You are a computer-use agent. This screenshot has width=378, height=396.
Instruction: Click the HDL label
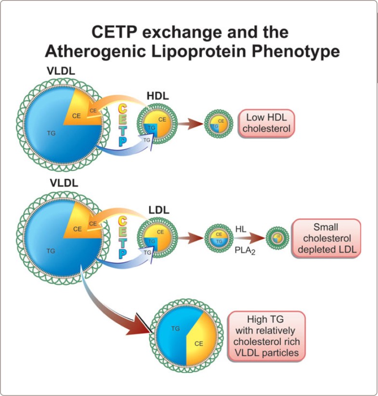(x=157, y=96)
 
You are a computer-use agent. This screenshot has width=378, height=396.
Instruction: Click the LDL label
(x=158, y=210)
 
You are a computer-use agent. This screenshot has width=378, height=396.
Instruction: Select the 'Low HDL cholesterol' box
(x=266, y=123)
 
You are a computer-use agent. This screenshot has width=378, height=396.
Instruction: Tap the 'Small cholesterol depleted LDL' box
(x=326, y=238)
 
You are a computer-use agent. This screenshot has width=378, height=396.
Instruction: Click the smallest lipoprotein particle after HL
(x=277, y=238)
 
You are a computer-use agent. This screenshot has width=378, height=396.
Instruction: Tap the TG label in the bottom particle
(x=175, y=329)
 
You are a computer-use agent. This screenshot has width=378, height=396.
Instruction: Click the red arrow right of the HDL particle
(x=191, y=124)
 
